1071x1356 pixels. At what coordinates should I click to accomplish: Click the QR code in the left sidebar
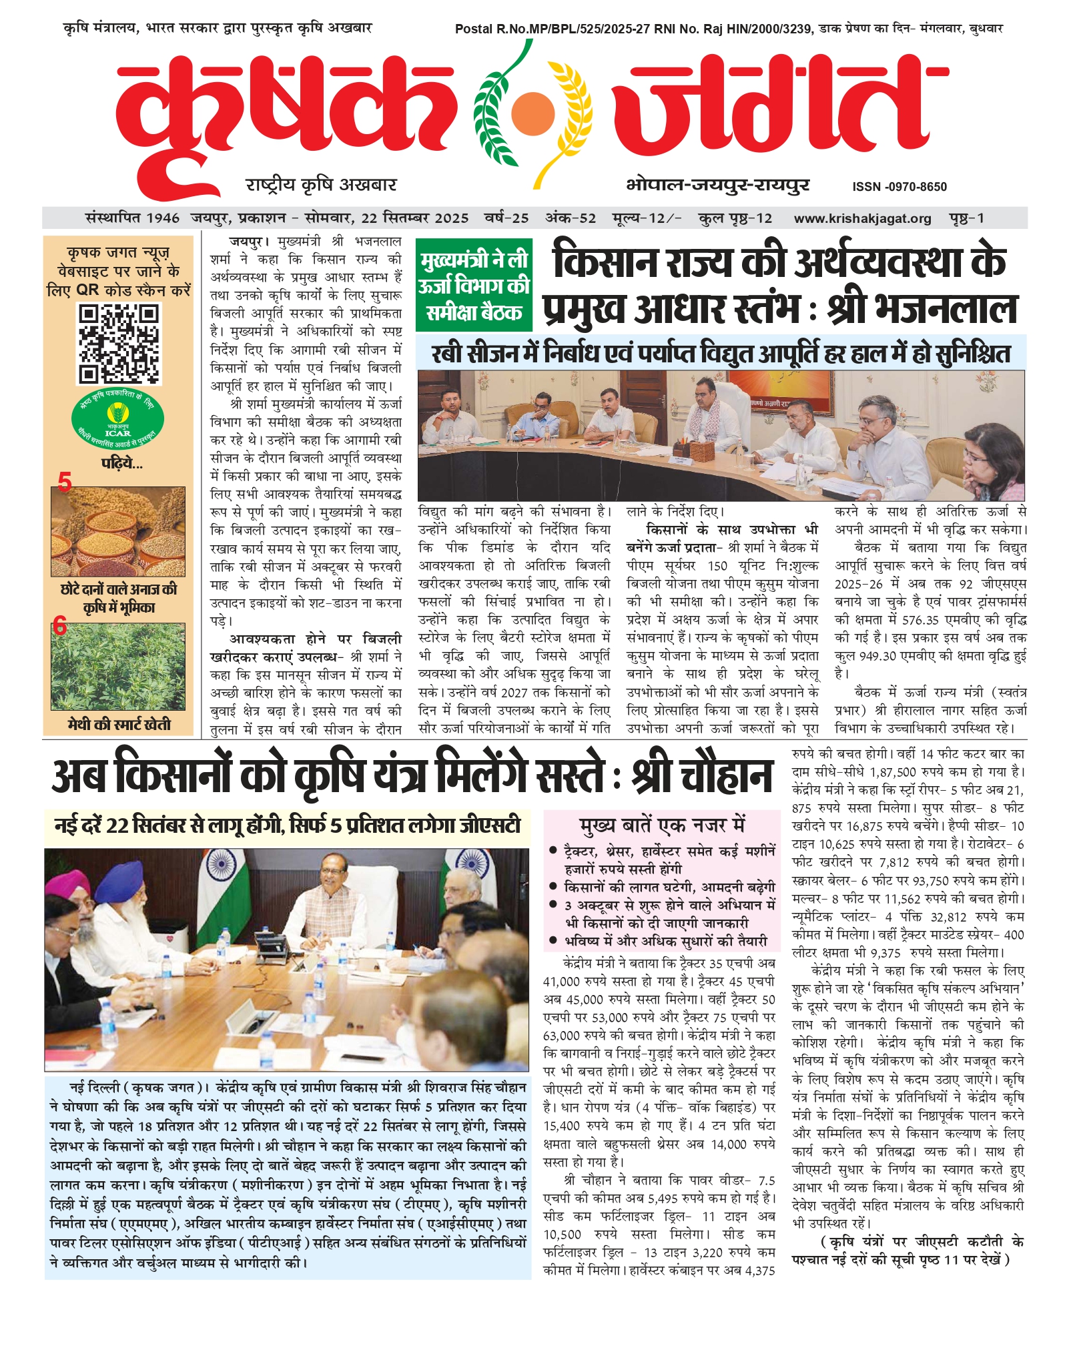(119, 344)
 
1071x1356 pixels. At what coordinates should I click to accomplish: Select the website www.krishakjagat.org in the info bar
(862, 218)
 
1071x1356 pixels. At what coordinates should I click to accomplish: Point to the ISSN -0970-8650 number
(899, 187)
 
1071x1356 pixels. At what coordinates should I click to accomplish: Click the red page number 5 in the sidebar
(64, 481)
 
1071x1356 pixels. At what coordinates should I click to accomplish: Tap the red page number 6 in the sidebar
(59, 626)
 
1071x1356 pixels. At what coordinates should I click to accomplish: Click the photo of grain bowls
(118, 532)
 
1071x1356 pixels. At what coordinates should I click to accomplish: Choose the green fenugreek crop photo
(118, 667)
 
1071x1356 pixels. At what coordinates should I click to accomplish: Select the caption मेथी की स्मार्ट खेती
(119, 724)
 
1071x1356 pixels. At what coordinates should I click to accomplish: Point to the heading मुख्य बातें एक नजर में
(661, 825)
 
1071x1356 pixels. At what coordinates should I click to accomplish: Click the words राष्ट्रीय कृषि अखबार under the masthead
(321, 185)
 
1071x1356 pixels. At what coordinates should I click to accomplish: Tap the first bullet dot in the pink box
(553, 851)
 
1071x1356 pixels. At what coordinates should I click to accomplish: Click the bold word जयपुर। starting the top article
(248, 242)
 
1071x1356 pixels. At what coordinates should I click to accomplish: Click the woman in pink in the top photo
(998, 464)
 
